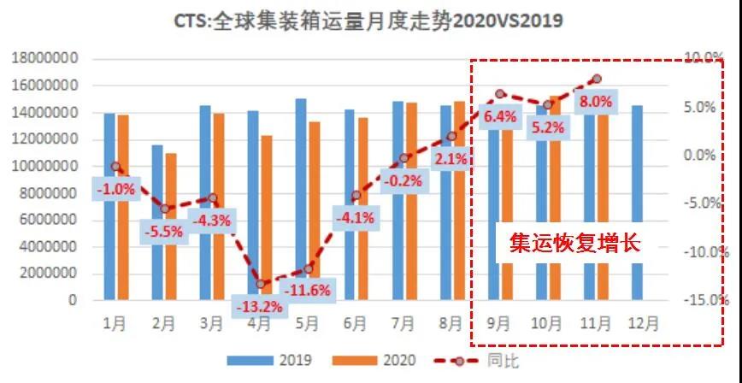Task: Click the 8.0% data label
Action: (x=596, y=101)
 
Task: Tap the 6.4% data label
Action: (x=500, y=116)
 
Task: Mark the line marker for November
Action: (x=596, y=80)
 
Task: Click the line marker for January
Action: (x=115, y=166)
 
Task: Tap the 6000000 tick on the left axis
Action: (x=48, y=220)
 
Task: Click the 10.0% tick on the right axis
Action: (x=707, y=58)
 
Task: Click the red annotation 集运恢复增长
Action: (x=568, y=243)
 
